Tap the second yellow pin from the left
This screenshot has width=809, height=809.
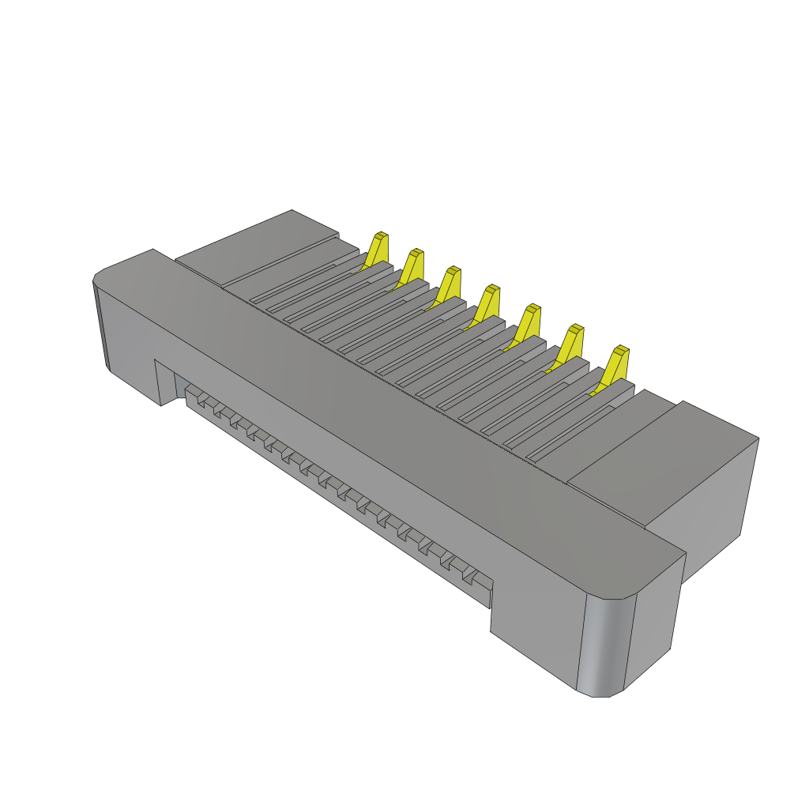[412, 267]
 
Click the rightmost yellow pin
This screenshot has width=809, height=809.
[616, 365]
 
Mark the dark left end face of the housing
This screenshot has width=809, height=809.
[101, 324]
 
